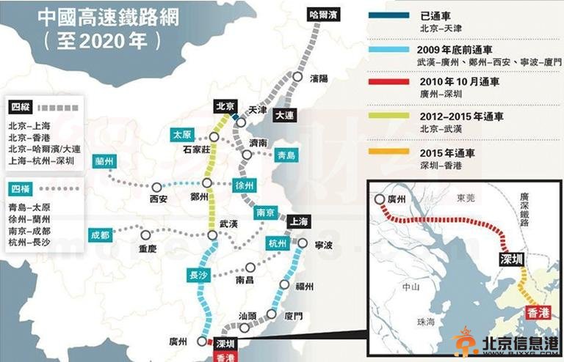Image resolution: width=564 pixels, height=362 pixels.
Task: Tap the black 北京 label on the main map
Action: pyautogui.click(x=223, y=106)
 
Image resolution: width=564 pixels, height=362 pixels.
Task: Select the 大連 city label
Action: pyautogui.click(x=284, y=116)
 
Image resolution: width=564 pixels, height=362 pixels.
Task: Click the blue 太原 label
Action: pyautogui.click(x=181, y=135)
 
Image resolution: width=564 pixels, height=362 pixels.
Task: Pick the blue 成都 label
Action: pyautogui.click(x=100, y=235)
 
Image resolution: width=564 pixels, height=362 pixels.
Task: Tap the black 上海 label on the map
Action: pyautogui.click(x=298, y=221)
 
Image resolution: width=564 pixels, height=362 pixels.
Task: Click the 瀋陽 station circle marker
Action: pyautogui.click(x=297, y=77)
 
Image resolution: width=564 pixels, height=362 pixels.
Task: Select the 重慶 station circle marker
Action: pyautogui.click(x=146, y=236)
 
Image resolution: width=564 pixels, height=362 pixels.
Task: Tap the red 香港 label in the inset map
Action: pyautogui.click(x=538, y=313)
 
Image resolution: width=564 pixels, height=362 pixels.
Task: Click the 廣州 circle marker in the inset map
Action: pyautogui.click(x=379, y=199)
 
